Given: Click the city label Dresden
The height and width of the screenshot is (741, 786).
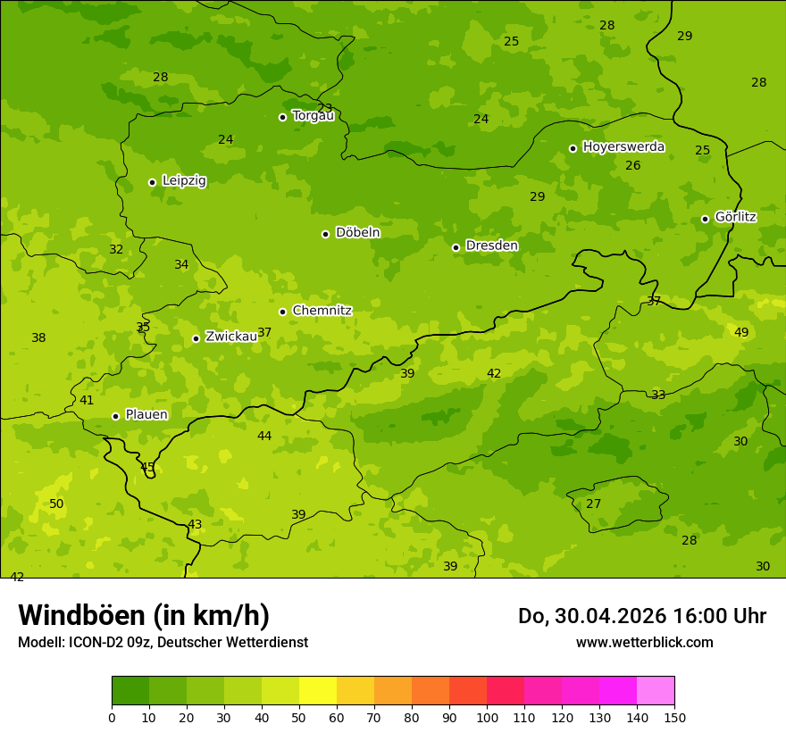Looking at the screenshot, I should pos(491,246).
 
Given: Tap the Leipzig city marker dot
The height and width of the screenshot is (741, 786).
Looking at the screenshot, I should pos(152,182).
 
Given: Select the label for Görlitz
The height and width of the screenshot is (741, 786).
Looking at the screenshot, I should pos(735,217).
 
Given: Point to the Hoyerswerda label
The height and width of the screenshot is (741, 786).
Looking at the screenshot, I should pos(623,146).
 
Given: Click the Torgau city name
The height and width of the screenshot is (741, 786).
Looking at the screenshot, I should pos(313,116).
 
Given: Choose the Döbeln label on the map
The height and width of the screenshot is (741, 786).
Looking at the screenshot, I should pos(357,233).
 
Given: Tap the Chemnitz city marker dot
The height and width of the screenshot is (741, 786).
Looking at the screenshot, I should pos(282,312).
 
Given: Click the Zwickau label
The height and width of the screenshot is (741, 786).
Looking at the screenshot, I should pos(231,337).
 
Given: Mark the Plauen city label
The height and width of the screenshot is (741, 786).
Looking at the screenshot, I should pos(146,415).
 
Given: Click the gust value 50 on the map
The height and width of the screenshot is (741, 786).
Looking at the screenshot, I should pos(56,504).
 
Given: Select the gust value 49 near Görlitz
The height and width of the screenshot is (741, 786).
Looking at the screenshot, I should pos(741,333).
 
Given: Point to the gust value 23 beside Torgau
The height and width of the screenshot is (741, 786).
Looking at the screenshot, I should pos(325,108).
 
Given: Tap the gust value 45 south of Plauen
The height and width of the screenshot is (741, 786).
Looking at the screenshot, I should pos(147,467).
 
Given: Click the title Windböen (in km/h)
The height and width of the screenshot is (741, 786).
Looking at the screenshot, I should pos(144,615).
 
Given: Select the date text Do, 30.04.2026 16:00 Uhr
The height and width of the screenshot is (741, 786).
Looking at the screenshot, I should pos(642,616).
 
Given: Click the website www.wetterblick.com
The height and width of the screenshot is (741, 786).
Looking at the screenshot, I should pos(644,643).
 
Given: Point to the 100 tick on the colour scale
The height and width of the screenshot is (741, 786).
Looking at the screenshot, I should pos(487,717).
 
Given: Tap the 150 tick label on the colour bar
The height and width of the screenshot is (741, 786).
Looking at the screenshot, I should pos(674,717).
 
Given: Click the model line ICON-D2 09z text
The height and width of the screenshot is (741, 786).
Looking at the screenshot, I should pos(163,643).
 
